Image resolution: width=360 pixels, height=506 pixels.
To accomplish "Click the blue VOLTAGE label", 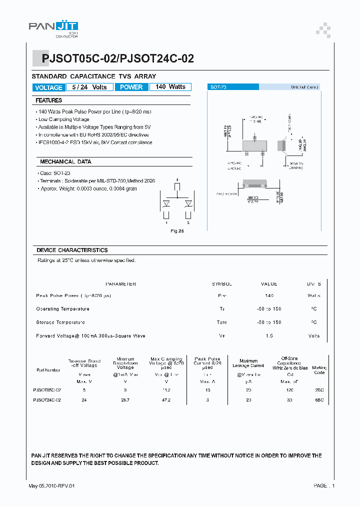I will point(48,87).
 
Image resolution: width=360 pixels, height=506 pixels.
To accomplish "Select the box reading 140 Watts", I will point(170,87).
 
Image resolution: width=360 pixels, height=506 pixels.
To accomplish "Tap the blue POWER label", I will point(131,87).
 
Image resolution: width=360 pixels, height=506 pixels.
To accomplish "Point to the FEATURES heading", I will point(49,100).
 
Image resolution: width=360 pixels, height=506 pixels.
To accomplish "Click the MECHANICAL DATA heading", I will point(65,162).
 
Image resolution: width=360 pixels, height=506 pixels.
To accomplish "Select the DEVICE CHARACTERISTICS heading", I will point(72,250).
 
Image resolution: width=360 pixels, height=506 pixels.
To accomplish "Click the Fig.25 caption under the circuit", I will point(177,231).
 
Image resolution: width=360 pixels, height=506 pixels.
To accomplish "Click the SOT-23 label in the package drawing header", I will point(218,87).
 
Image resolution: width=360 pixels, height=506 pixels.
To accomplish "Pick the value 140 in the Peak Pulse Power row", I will point(269,296).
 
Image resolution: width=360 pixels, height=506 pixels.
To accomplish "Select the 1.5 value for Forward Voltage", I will point(269,336).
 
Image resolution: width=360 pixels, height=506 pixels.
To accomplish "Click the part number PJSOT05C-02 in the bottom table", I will point(47,389).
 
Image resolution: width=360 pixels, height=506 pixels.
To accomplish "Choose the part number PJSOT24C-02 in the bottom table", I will point(47,400).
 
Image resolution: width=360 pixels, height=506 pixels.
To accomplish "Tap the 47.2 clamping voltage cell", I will point(166,400).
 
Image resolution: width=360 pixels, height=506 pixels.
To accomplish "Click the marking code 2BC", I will point(319,389).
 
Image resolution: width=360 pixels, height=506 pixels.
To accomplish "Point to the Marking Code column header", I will point(319,370).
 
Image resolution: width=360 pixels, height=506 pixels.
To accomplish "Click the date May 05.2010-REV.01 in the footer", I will point(52,486).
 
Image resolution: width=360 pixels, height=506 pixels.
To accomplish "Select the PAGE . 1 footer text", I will point(324,486).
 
